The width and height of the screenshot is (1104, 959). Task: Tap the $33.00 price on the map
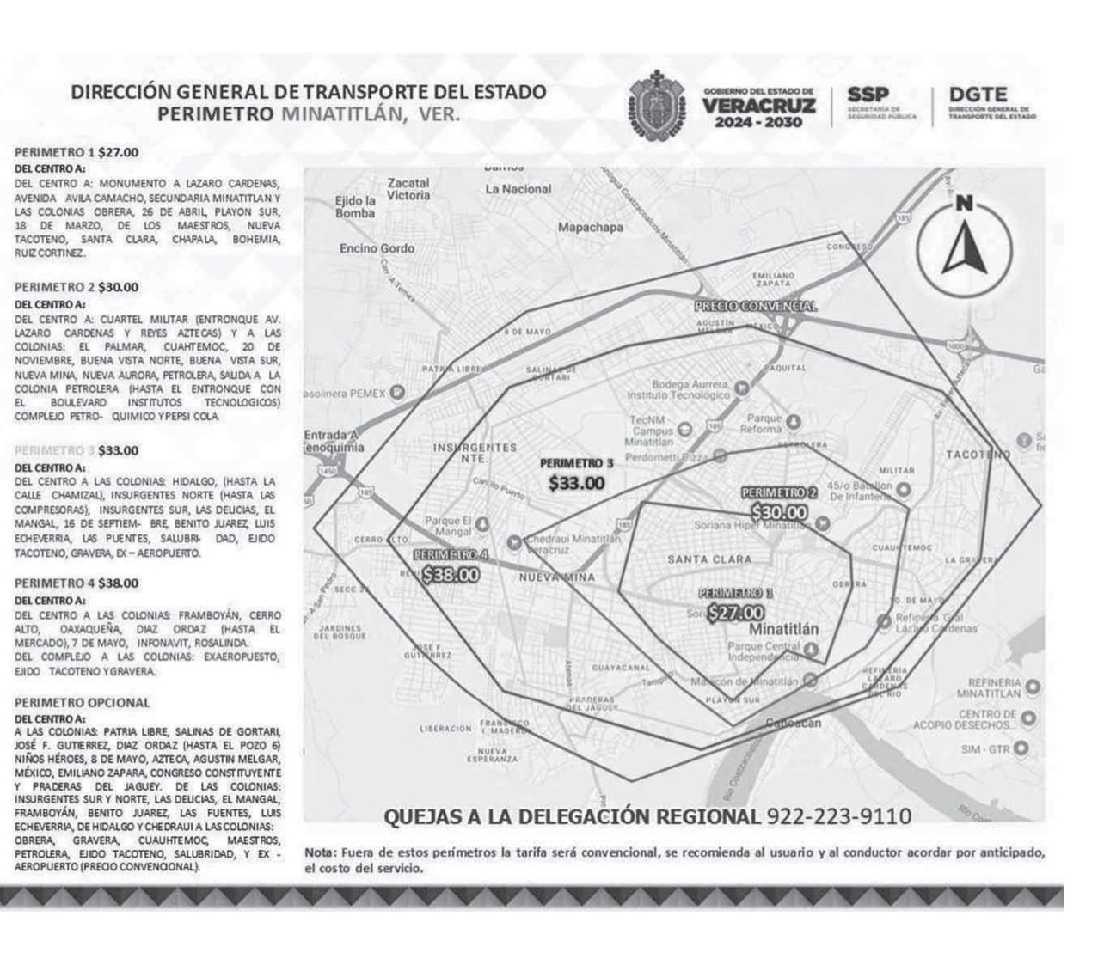point(576,483)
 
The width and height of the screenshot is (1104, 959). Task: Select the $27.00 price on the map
point(735,613)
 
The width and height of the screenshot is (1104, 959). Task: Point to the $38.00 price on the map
point(451,575)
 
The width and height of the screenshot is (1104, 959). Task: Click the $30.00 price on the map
point(779,512)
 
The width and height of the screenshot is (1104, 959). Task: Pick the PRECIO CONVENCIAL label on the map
point(755,306)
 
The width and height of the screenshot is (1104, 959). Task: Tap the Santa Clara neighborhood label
point(709,559)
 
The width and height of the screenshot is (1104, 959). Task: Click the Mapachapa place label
point(590,228)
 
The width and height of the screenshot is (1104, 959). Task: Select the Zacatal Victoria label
point(408,189)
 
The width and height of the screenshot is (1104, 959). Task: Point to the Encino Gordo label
point(377,248)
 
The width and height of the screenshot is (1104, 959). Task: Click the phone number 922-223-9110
point(837,815)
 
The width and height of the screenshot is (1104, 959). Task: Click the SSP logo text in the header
point(868,95)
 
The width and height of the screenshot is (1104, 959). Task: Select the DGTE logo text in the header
point(978,95)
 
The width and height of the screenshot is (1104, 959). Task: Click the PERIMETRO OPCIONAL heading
point(82,702)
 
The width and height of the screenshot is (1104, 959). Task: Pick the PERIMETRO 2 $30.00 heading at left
point(77,287)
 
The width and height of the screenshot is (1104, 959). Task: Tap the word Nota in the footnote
point(321,852)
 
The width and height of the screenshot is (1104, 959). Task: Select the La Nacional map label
point(518,189)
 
